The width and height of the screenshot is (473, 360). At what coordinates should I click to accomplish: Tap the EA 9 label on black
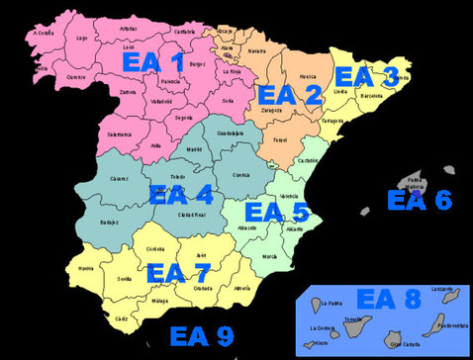[202, 334]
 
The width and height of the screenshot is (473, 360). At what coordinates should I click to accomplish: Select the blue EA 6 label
[419, 200]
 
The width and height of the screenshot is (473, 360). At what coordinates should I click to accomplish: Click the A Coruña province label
[42, 33]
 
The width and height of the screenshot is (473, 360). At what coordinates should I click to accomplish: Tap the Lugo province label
[82, 39]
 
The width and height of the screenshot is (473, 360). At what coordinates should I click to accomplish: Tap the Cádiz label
[121, 318]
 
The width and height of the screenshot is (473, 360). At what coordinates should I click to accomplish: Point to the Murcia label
[271, 255]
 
